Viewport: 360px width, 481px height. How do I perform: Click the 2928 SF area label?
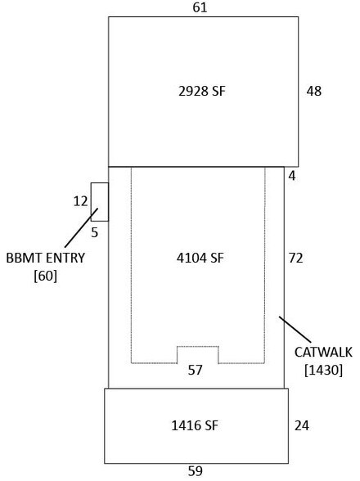(x=201, y=91)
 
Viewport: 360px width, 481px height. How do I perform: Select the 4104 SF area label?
(x=200, y=258)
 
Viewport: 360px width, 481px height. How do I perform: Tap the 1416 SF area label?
(x=195, y=425)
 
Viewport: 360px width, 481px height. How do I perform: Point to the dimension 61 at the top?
(x=200, y=7)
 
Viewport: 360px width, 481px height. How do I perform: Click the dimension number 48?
(x=314, y=91)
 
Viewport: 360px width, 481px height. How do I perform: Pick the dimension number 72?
(x=296, y=258)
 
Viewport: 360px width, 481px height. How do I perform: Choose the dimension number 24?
(x=302, y=425)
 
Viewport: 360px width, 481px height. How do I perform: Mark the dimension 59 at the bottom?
(x=196, y=471)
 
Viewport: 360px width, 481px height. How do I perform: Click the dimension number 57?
(x=196, y=371)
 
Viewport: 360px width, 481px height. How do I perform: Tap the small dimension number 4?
(x=292, y=176)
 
